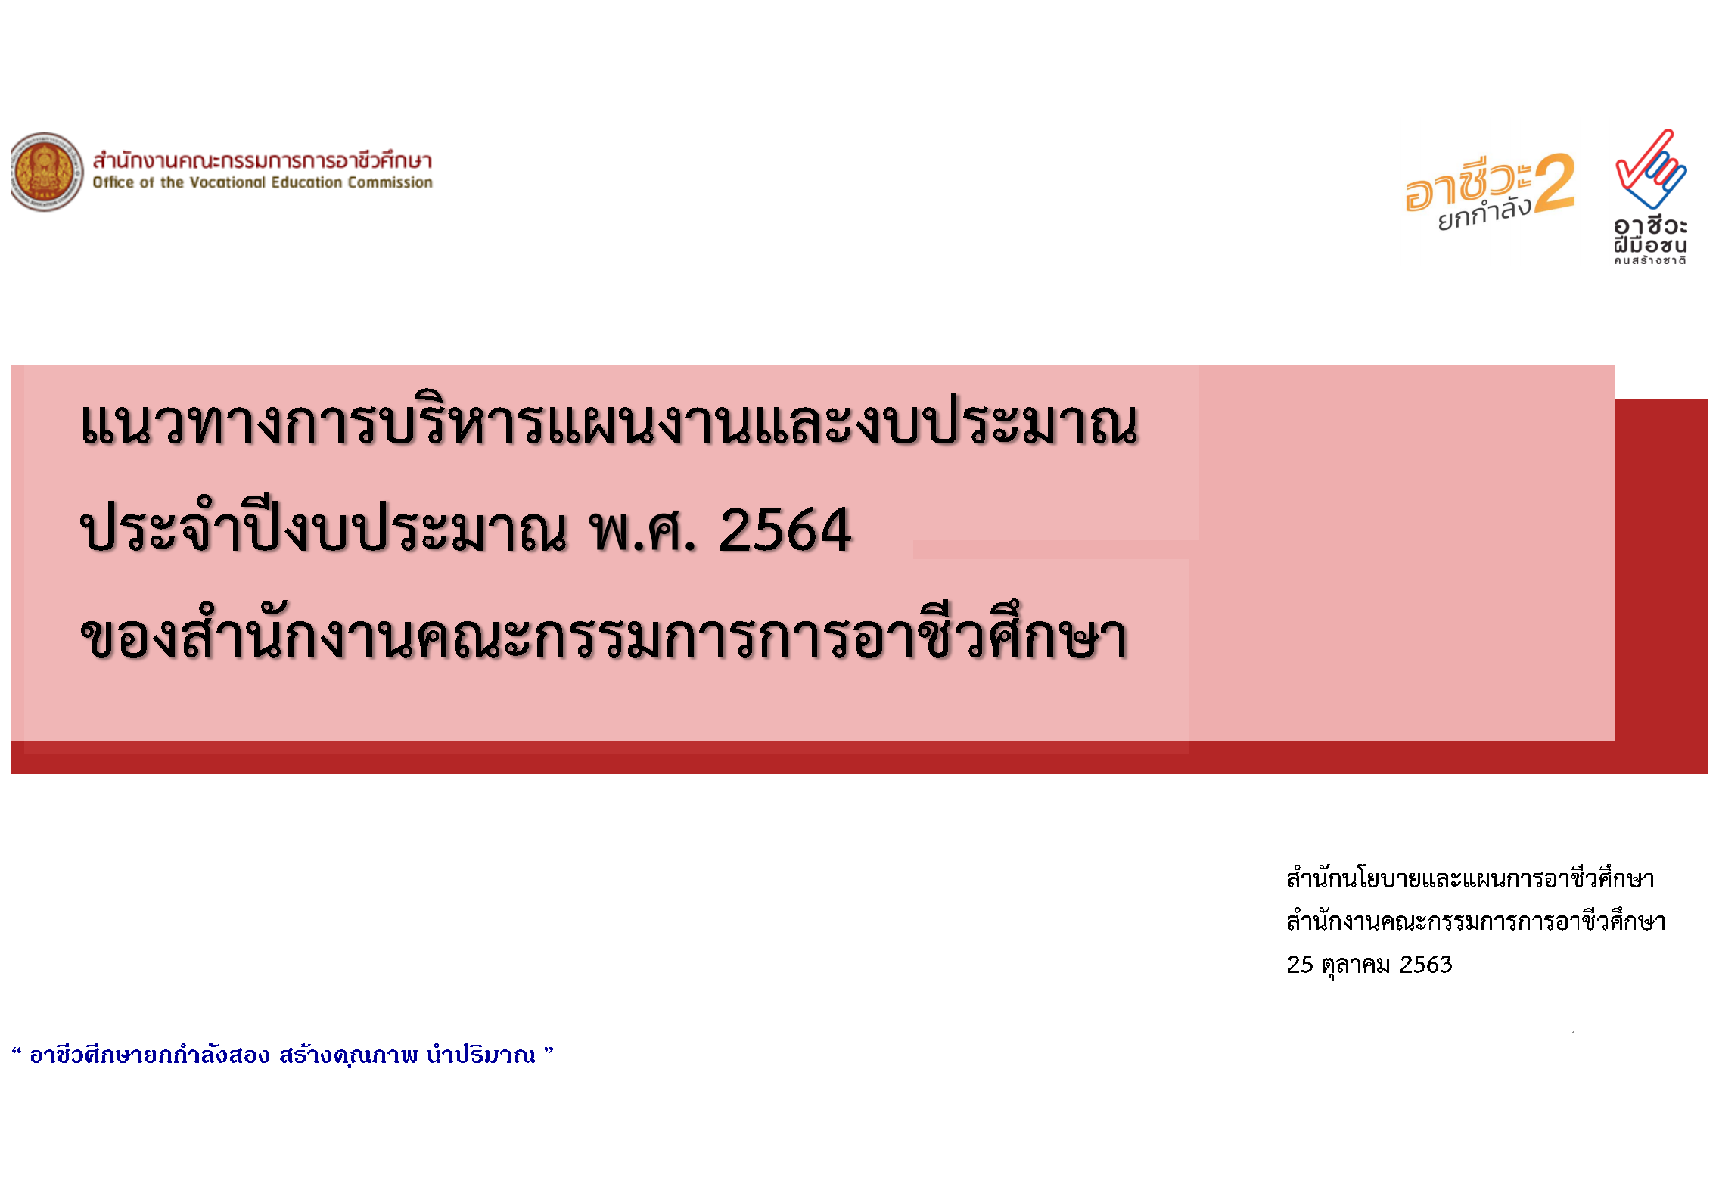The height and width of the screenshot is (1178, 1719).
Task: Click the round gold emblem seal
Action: [x=47, y=172]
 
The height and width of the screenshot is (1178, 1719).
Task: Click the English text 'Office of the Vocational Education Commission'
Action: [x=263, y=182]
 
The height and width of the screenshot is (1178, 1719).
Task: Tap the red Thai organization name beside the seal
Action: [x=262, y=160]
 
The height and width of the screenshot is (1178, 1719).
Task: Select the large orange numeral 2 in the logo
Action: [x=1555, y=182]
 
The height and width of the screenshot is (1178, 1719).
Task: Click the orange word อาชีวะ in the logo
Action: [x=1468, y=184]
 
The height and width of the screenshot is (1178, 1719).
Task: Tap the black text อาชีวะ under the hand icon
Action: [x=1650, y=225]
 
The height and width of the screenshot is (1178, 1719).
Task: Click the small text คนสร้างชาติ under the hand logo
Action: [x=1649, y=260]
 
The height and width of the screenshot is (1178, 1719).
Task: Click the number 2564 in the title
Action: [x=785, y=530]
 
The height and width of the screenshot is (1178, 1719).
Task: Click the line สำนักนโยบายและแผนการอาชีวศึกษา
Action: [x=1470, y=878]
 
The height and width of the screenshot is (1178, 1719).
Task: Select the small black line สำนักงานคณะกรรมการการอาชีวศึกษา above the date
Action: [x=1475, y=921]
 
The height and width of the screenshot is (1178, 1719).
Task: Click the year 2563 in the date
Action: [x=1425, y=964]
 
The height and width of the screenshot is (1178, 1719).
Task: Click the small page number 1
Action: [x=1573, y=1035]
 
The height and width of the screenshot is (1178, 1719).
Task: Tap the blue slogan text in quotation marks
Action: [x=282, y=1054]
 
